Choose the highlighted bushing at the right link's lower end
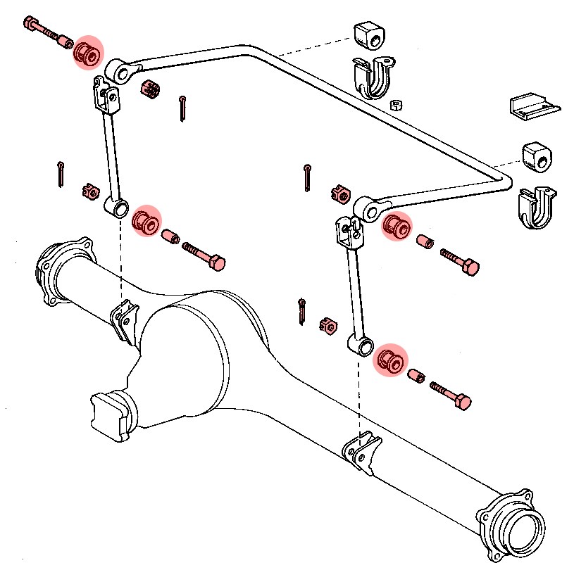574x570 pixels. (389, 361)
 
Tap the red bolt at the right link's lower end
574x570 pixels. (451, 396)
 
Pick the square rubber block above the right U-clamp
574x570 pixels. (538, 157)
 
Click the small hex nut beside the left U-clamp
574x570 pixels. (396, 106)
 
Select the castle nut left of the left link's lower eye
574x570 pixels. (89, 191)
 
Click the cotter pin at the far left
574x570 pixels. (61, 174)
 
